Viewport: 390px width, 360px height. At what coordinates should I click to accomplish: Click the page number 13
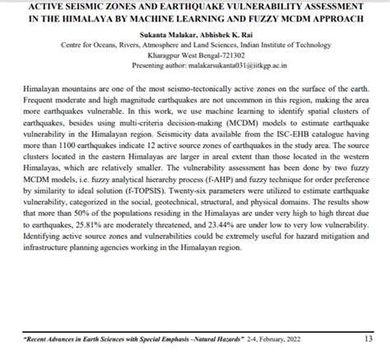[368, 338]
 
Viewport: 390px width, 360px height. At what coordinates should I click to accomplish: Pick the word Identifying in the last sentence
[42, 269]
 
